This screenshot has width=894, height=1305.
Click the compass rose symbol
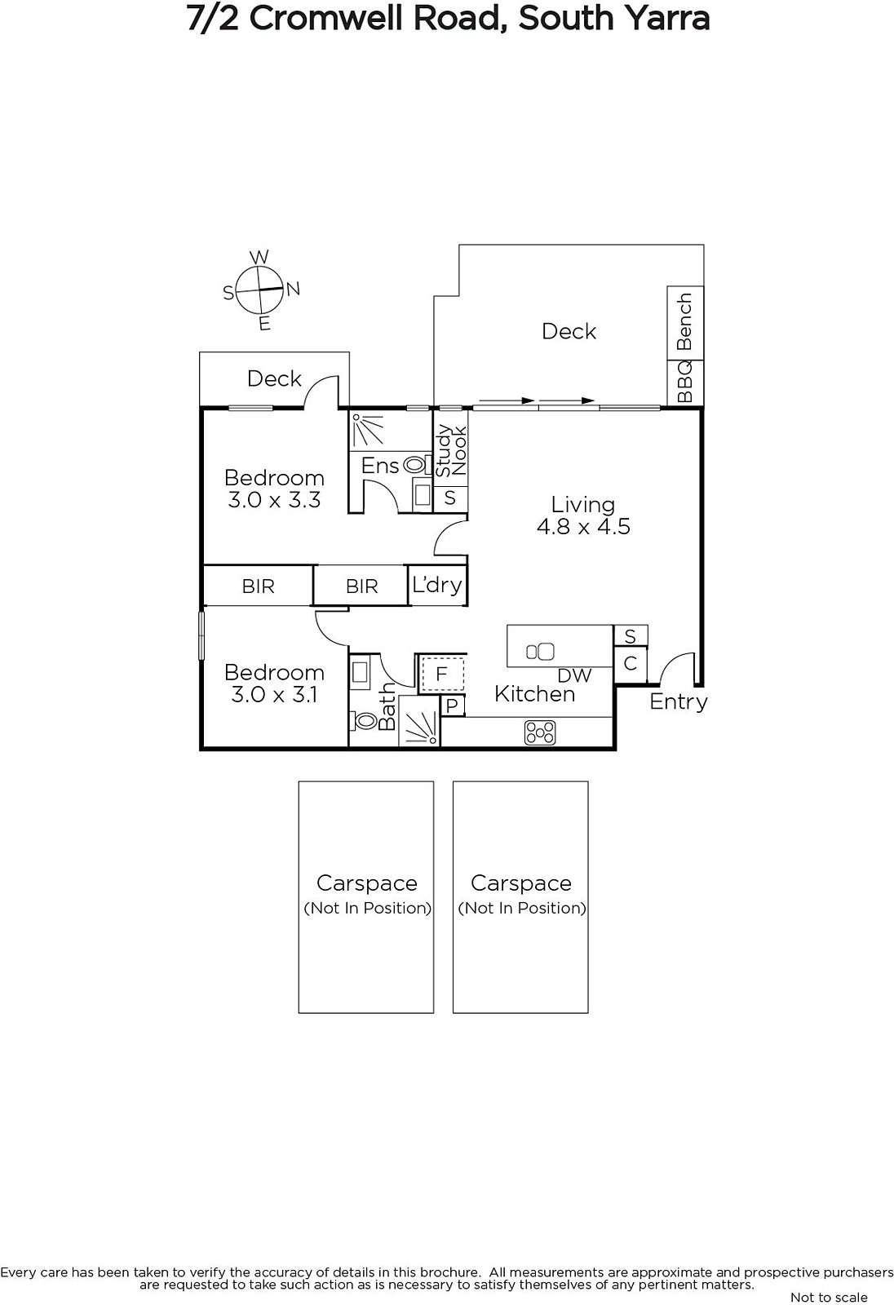(x=260, y=290)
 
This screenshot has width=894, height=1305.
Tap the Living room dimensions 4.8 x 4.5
(x=583, y=527)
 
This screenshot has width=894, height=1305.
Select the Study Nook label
(x=452, y=451)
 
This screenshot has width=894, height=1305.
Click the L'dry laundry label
(x=437, y=585)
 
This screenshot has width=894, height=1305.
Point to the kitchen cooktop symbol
(x=540, y=733)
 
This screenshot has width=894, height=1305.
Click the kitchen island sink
(x=540, y=652)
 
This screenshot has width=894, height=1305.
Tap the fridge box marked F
(x=442, y=674)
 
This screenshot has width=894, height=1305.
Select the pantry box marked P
(x=452, y=706)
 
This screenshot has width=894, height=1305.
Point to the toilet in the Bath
(x=364, y=721)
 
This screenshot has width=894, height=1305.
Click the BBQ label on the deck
(x=685, y=382)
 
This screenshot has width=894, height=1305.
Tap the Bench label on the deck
(x=685, y=321)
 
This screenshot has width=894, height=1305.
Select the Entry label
(x=679, y=702)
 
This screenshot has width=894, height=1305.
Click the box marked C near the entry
(x=630, y=664)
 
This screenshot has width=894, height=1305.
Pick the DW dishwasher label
(x=574, y=676)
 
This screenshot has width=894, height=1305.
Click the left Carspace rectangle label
(x=366, y=883)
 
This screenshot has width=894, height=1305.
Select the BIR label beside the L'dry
(x=362, y=586)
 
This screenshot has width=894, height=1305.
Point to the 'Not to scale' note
(x=829, y=1298)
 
